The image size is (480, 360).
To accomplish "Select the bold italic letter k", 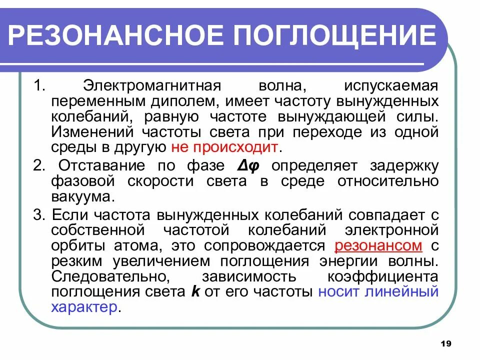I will (x=195, y=292).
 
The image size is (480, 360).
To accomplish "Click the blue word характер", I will (x=84, y=307).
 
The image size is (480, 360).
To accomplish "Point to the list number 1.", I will (x=39, y=85).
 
